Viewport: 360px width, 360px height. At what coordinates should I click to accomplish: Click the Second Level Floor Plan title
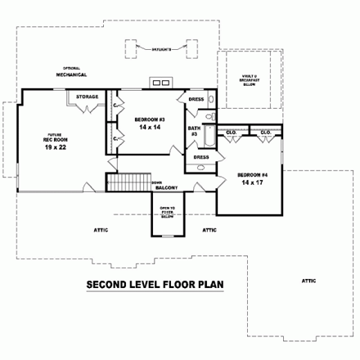tap(155, 286)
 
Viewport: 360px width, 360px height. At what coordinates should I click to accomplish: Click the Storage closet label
tap(88, 97)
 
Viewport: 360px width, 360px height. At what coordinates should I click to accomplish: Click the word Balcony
tap(167, 189)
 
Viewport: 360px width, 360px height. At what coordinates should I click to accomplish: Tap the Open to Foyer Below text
tap(168, 213)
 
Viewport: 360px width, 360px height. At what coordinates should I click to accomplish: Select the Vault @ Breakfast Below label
tap(249, 79)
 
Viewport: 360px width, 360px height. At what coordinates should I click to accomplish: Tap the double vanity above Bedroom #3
tap(161, 83)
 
